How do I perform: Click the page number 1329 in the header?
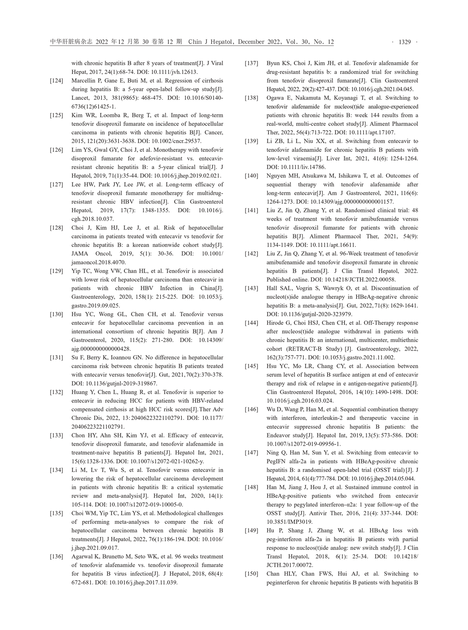[405, 42]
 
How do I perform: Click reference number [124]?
[57, 81]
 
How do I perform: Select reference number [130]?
[57, 315]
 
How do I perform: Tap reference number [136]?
[57, 557]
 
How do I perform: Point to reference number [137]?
[252, 63]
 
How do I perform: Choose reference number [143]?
[252, 289]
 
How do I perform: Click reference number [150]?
[252, 574]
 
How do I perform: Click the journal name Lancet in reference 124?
[80, 98]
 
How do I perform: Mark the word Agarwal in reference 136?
[83, 557]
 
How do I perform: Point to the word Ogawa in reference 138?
[276, 98]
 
